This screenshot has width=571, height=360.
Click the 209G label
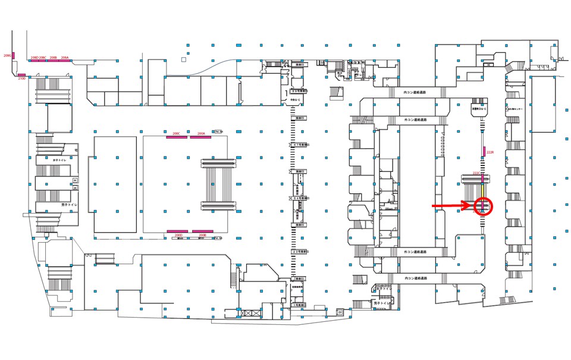tap(7, 55)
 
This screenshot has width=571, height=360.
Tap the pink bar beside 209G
tap(14, 56)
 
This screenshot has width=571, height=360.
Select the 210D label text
tap(21, 79)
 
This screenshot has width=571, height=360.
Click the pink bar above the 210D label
tap(21, 75)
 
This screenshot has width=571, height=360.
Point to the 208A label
tap(65, 58)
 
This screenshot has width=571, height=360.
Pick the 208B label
tap(53, 58)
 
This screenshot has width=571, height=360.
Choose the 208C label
tap(43, 58)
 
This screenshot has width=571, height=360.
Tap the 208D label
tap(34, 58)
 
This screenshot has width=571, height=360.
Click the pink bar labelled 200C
tap(177, 136)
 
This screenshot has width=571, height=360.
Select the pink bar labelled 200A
tap(201, 136)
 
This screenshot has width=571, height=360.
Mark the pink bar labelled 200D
tap(177, 231)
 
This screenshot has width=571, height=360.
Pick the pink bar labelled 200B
tap(202, 231)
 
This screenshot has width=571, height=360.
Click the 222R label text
tap(491, 152)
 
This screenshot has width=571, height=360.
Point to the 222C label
tap(476, 173)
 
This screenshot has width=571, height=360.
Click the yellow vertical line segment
tap(482, 190)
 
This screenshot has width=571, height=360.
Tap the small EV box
tap(340, 312)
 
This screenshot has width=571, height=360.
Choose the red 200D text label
tap(177, 236)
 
